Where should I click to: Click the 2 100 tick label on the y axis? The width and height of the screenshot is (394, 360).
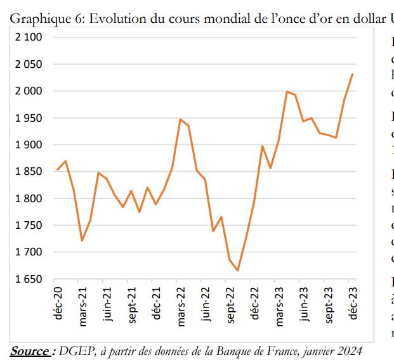coord(29,37)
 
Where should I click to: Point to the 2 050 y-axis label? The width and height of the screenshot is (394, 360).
coord(29,64)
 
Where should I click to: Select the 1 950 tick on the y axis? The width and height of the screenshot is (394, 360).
coord(29,118)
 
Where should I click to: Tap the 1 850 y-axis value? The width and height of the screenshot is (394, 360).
coord(29,172)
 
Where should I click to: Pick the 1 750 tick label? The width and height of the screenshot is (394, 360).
coord(29,226)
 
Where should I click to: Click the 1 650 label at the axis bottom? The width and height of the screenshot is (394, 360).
coord(29,279)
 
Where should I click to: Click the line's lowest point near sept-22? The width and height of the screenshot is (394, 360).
coord(237,271)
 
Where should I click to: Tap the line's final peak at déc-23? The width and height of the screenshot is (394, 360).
coord(353,74)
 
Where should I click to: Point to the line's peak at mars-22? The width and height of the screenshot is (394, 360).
coord(180,119)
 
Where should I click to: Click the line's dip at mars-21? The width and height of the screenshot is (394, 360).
coord(82,241)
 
